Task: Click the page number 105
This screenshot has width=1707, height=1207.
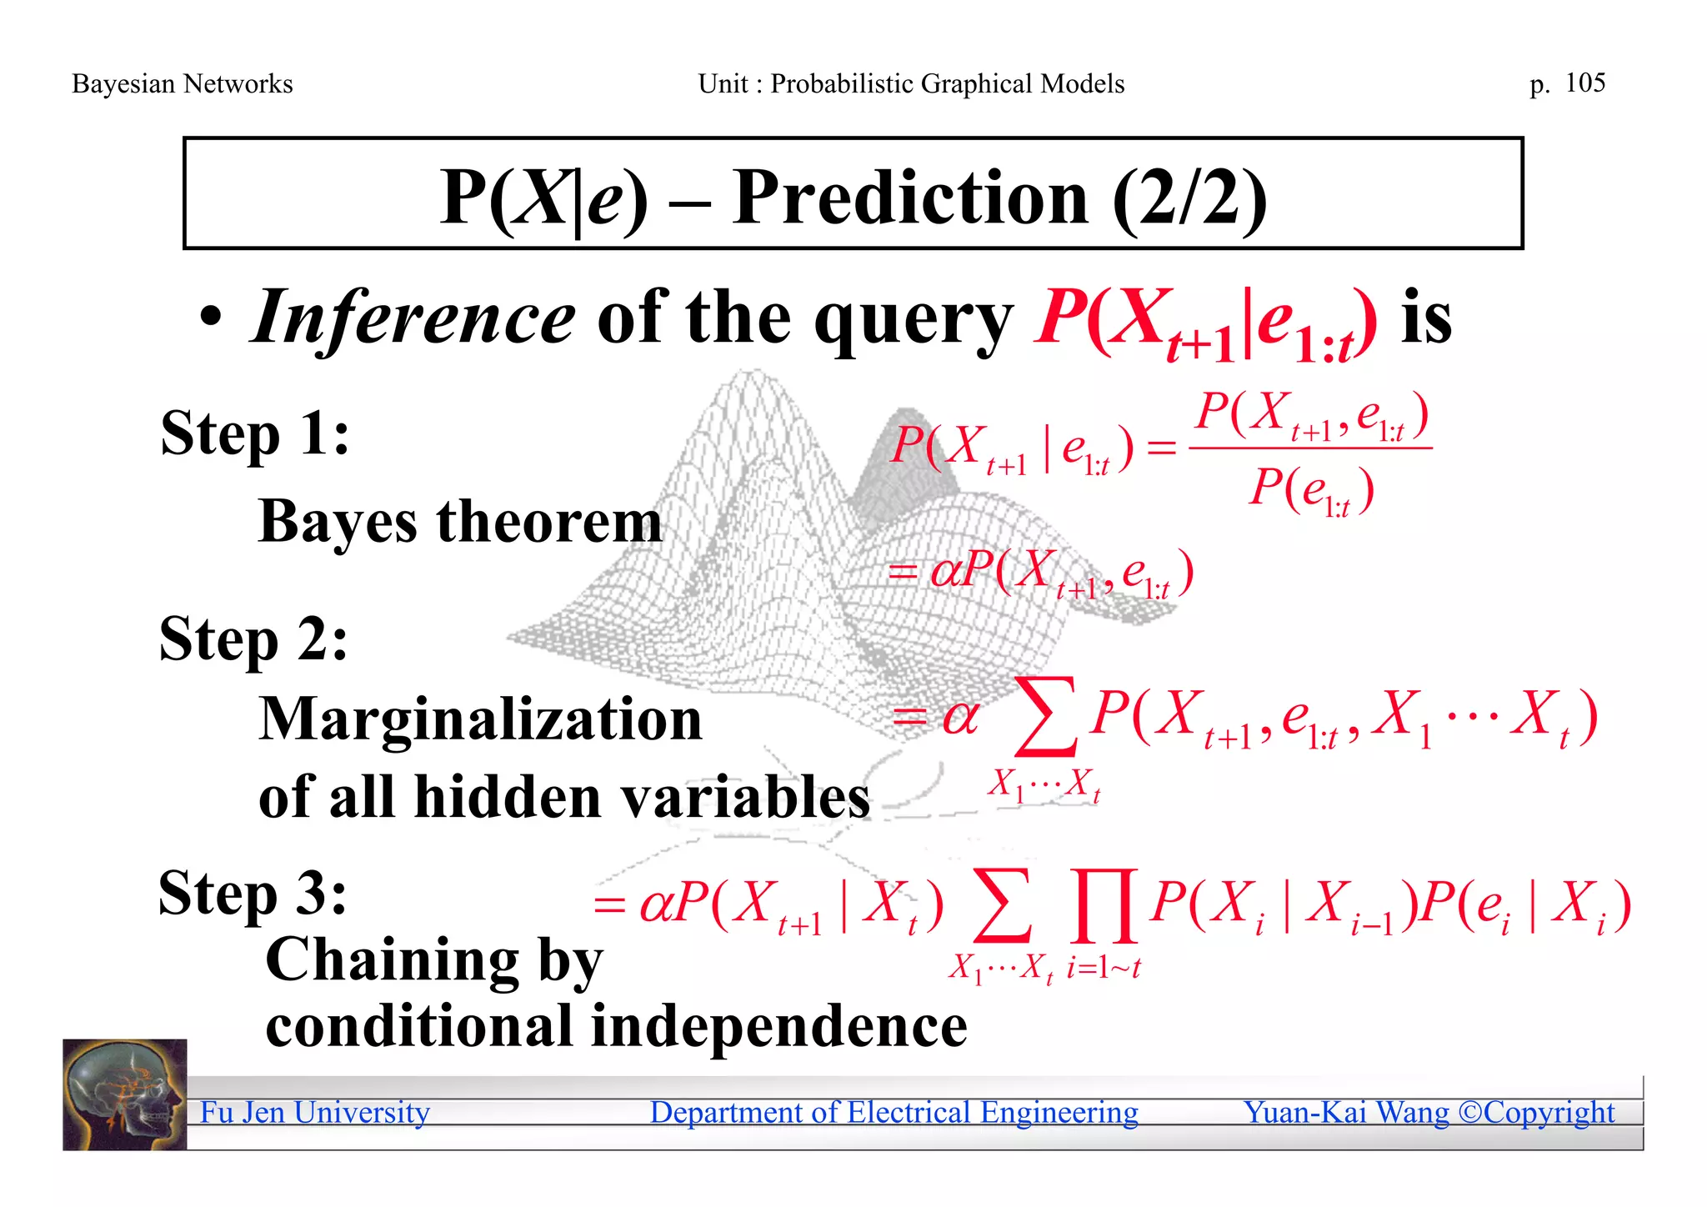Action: point(1584,83)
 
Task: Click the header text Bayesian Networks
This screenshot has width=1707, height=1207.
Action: point(182,84)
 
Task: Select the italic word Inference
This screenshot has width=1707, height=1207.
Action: point(413,318)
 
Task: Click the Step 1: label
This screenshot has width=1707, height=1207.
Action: point(254,433)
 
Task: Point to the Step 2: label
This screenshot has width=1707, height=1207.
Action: point(253,639)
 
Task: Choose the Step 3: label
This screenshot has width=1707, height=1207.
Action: point(253,893)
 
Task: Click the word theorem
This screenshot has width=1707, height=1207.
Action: point(549,522)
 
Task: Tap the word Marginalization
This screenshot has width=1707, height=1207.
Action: point(480,719)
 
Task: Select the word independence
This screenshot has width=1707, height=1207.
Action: point(778,1025)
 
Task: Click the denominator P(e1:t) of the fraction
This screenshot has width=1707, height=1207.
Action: point(1310,490)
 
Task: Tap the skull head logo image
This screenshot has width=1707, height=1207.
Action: point(124,1094)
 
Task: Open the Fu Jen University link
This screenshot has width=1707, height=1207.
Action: point(314,1113)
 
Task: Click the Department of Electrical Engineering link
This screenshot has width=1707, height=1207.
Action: point(894,1113)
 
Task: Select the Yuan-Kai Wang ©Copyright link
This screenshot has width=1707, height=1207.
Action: point(1428,1113)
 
